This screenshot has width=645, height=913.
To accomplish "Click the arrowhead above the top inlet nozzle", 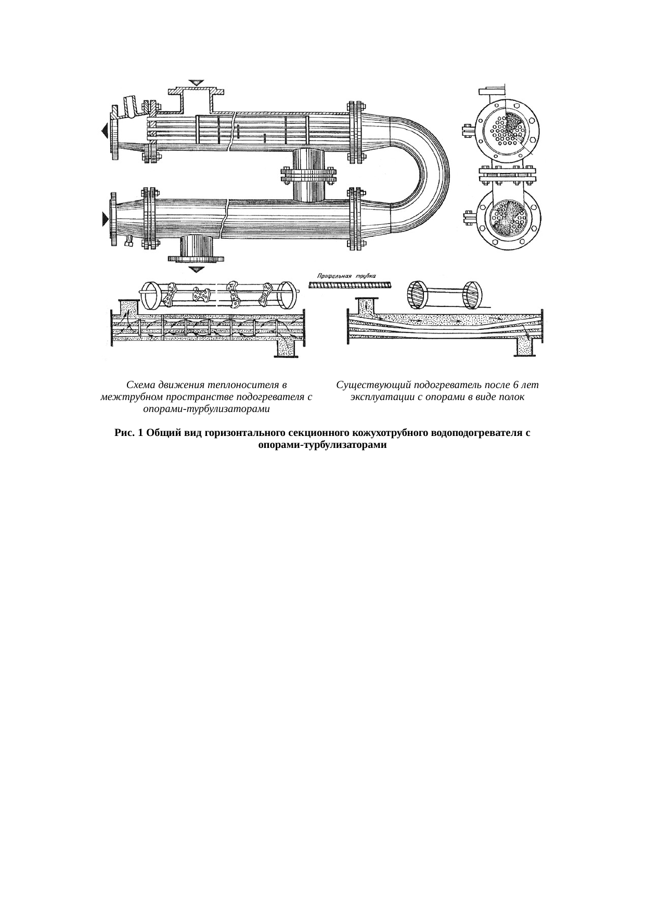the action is pos(197,83).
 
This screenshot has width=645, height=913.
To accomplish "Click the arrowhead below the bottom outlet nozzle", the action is pos(197,269).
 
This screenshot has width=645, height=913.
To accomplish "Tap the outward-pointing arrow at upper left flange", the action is pos(105,130).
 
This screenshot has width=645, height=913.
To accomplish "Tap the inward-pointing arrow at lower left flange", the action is pos(105,219).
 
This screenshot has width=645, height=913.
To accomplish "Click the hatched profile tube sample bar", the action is pos(350,285).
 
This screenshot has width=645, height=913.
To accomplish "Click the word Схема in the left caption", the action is pos(141,385).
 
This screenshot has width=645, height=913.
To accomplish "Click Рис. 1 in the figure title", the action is pos(128,433).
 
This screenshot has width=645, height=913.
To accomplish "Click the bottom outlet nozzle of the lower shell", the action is pos(197,249).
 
